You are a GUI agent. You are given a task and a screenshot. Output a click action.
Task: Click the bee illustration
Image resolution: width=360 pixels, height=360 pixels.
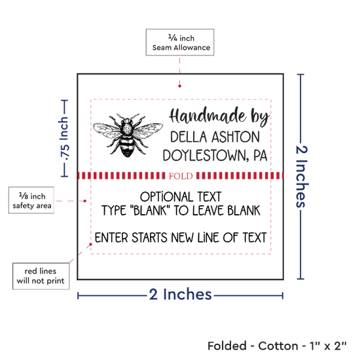pos(128,135)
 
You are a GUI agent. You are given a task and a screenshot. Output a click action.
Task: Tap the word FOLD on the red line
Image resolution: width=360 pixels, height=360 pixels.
pos(181,176)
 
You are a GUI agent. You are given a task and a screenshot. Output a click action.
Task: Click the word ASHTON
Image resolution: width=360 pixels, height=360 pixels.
pos(236,137)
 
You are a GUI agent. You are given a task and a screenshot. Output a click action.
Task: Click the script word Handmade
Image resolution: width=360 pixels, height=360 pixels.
pos(207,116)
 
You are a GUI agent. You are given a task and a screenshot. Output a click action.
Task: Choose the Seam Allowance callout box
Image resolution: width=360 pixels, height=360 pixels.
pos(180,43)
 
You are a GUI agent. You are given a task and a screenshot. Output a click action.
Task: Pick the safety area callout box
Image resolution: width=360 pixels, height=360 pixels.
pos(31,200)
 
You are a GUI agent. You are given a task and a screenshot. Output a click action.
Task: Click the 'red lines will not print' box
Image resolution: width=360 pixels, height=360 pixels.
pos(41,276)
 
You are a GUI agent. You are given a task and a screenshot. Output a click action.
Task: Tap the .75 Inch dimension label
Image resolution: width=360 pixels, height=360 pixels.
pos(64,139)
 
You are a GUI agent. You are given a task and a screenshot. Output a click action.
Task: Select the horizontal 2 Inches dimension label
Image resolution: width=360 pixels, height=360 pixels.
pos(180,294)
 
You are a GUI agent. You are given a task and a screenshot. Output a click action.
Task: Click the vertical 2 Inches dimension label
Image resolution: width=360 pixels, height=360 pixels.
pos(301,177)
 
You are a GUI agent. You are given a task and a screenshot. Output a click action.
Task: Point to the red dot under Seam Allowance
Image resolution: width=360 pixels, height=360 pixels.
pos(179,86)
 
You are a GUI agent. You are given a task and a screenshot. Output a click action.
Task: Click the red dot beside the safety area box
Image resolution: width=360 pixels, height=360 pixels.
pos(84,201)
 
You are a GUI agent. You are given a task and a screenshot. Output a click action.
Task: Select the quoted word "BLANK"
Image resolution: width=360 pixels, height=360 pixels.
pos(150,211)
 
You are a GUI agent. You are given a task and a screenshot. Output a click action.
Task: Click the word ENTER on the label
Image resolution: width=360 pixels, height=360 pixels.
pos(111,238)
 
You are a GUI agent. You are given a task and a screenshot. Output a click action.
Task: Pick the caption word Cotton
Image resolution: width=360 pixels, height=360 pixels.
pos(278,346)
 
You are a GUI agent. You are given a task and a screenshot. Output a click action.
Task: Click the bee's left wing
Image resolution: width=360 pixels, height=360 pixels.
pos(107,130)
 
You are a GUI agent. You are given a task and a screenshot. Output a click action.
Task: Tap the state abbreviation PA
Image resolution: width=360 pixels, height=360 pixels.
pos(261,155)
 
